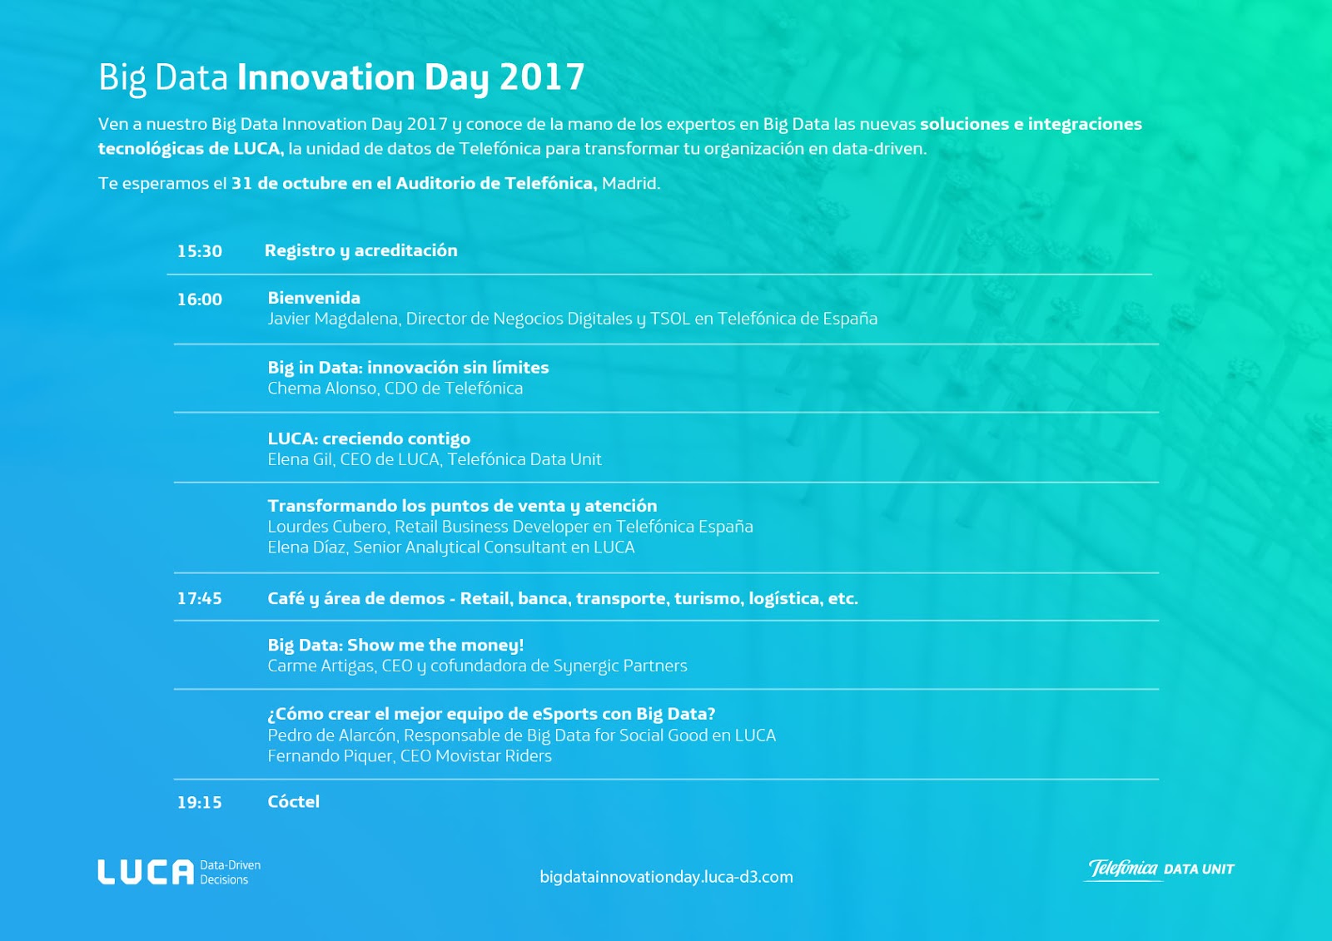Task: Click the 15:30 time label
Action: [x=199, y=251]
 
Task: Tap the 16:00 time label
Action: [x=199, y=300]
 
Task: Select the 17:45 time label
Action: [x=199, y=598]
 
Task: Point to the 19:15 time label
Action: [x=199, y=803]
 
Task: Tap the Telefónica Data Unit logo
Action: [x=1159, y=869]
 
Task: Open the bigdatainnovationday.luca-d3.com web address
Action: [x=666, y=877]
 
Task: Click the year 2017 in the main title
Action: [x=542, y=77]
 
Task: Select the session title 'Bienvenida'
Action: [x=314, y=298]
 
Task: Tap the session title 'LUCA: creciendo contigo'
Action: [x=369, y=438]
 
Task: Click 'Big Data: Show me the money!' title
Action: [x=395, y=645]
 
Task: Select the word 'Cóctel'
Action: [x=294, y=802]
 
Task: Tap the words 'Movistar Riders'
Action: [x=494, y=756]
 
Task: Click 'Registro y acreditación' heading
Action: [x=361, y=251]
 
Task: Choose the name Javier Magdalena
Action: [x=334, y=319]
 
